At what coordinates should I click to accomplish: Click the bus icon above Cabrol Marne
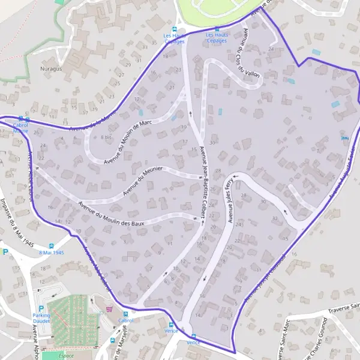pyautogui.click(x=21, y=119)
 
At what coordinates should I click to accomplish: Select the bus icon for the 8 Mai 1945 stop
pyautogui.click(x=52, y=245)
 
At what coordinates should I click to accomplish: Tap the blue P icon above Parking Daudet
pyautogui.click(x=41, y=309)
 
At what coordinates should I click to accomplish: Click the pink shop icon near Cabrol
pyautogui.click(x=109, y=310)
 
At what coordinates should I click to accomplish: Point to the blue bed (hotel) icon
pyautogui.click(x=344, y=139)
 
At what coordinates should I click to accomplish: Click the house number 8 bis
pyautogui.click(x=107, y=137)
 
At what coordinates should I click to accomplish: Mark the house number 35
pyautogui.click(x=154, y=43)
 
